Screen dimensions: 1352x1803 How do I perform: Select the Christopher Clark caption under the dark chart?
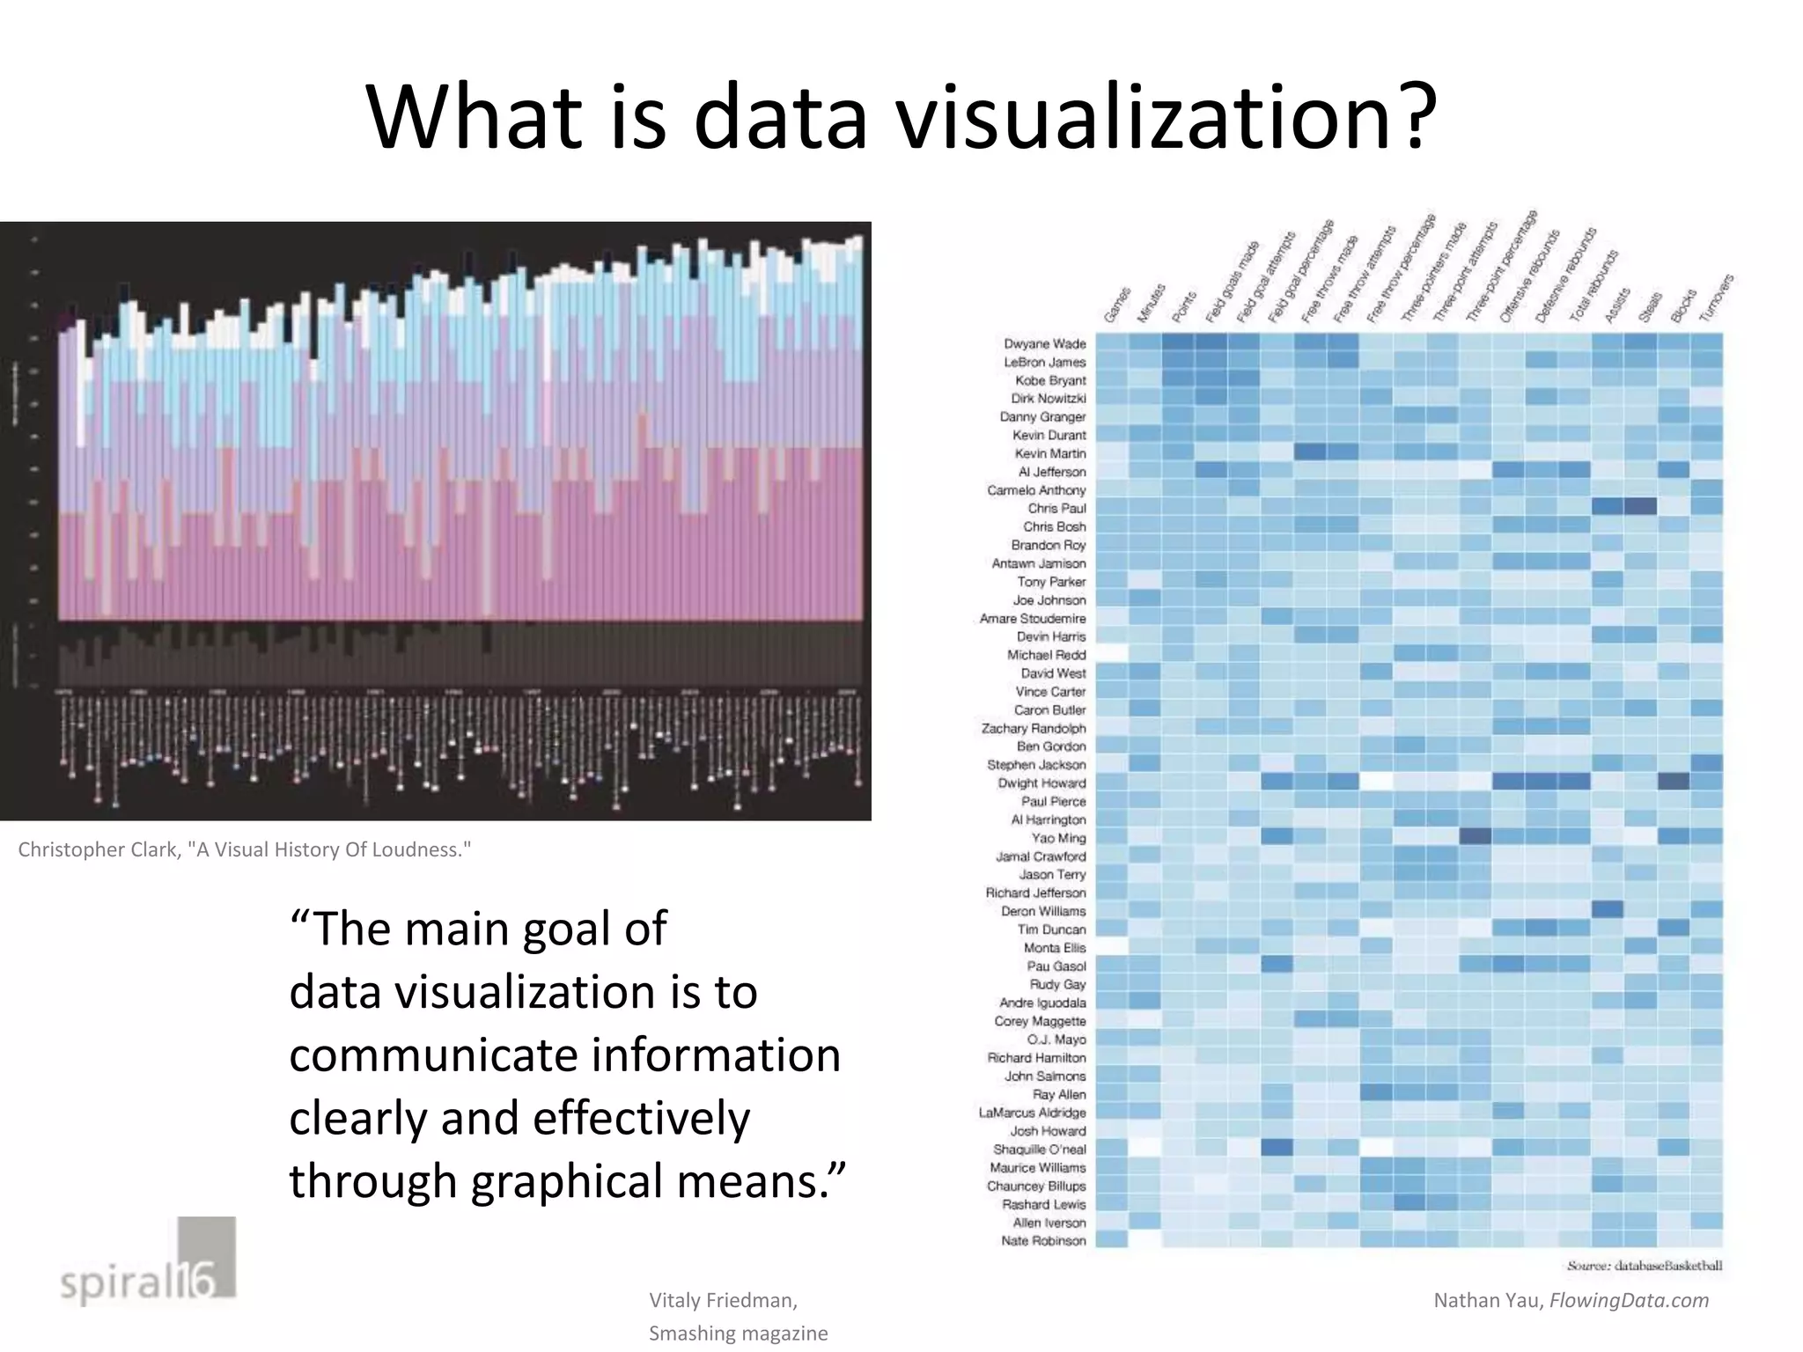point(244,849)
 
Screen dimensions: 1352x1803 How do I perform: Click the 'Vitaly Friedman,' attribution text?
point(723,1300)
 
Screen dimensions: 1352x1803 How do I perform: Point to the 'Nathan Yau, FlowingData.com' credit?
point(1571,1300)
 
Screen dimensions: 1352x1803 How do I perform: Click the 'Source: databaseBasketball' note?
point(1644,1266)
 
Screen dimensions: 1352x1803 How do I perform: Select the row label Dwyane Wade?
point(1045,343)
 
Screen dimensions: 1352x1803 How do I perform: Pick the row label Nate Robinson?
point(1043,1241)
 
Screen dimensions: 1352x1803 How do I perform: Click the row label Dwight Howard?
point(1041,783)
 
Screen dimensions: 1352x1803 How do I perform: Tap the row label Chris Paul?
point(1056,509)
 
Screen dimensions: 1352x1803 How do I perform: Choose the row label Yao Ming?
point(1058,838)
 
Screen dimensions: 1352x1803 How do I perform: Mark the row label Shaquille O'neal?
point(1039,1150)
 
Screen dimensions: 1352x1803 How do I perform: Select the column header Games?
point(1117,305)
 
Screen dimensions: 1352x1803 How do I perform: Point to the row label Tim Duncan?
point(1051,929)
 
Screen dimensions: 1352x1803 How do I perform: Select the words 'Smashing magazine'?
point(738,1334)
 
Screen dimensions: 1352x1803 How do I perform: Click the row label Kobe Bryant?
point(1050,380)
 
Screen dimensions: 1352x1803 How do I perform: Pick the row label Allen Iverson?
point(1049,1223)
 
